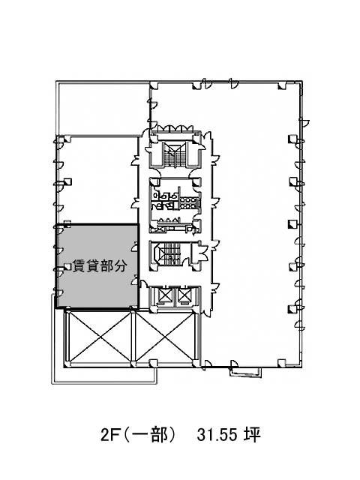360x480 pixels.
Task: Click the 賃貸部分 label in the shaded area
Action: (x=99, y=265)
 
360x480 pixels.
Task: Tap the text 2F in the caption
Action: (x=109, y=435)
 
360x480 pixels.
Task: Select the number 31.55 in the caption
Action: (x=217, y=435)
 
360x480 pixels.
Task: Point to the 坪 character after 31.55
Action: (x=252, y=435)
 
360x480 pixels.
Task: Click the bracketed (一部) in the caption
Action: (x=150, y=435)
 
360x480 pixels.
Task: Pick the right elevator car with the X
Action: (x=184, y=295)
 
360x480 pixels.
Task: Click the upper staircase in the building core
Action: (x=175, y=154)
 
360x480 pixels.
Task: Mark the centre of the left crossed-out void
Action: (x=100, y=337)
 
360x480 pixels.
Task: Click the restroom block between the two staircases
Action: (x=175, y=205)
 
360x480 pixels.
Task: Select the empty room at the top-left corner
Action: (x=103, y=108)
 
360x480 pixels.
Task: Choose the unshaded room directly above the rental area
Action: (x=98, y=180)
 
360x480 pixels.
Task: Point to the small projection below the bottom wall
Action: (x=246, y=370)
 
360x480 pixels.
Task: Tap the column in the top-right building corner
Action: (x=282, y=86)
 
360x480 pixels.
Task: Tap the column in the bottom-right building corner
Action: (x=282, y=363)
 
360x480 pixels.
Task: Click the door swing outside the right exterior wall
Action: (x=305, y=121)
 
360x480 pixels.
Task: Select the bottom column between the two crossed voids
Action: (x=133, y=364)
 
